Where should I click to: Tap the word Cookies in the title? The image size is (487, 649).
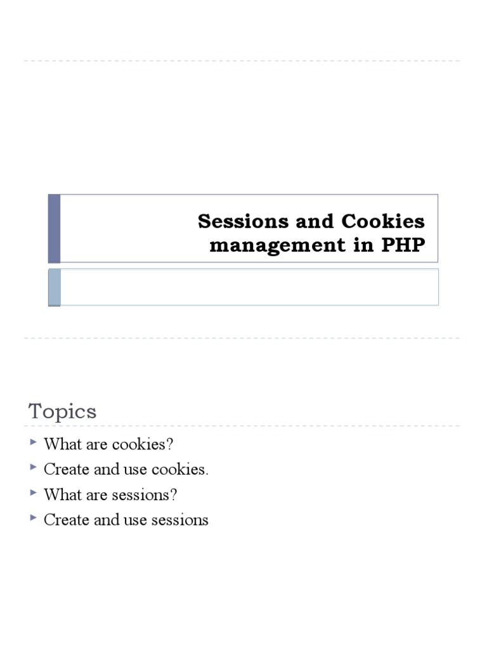tap(384, 221)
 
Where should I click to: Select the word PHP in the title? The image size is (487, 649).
tap(403, 245)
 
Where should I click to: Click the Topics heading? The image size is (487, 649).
tap(63, 411)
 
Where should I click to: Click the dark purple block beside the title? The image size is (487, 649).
tap(55, 228)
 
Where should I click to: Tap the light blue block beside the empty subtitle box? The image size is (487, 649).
tap(55, 286)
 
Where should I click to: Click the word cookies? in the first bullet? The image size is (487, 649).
tap(143, 444)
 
